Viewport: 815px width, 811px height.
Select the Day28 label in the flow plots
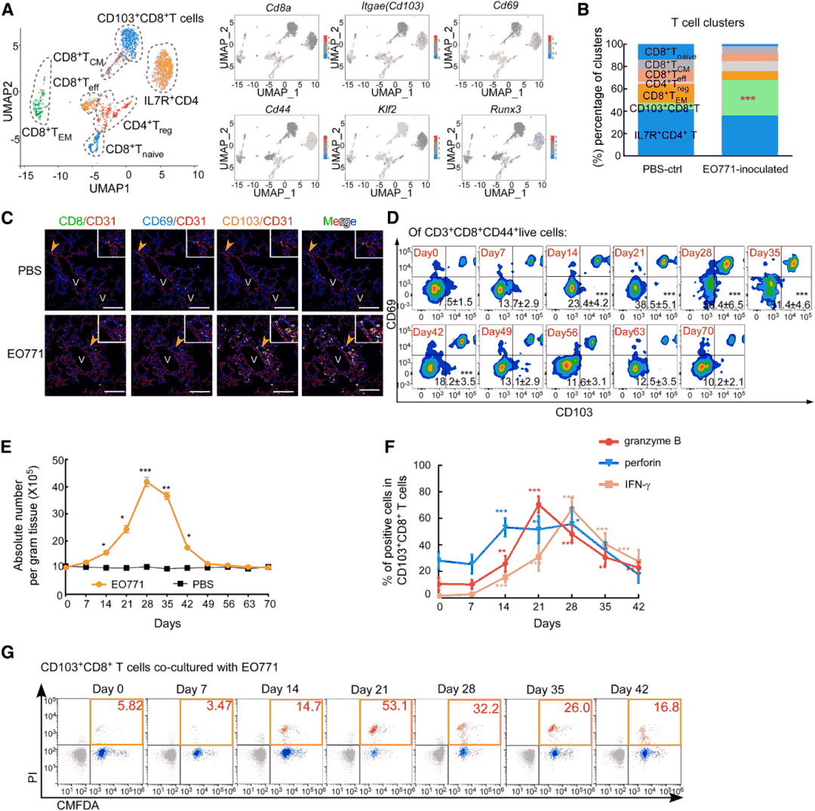[697, 250]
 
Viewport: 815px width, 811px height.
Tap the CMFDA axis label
[78, 803]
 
